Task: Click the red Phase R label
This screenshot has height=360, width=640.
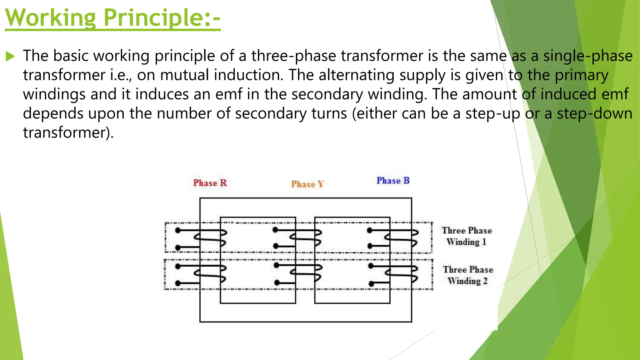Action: point(210,183)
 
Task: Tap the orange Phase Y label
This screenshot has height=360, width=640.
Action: point(307,184)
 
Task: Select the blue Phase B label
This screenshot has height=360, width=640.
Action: point(393,181)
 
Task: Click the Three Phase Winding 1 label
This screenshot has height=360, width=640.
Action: point(467,236)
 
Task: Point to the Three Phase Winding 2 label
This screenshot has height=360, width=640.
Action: point(468,275)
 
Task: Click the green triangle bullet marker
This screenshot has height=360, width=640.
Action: point(10,57)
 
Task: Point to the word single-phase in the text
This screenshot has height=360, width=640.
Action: point(588,56)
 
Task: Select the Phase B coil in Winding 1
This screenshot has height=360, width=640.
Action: point(402,239)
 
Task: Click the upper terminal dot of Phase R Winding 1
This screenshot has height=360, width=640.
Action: point(178,231)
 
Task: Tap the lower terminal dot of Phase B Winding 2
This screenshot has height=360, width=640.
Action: point(371,284)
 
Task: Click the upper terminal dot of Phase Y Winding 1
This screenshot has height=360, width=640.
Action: point(275,230)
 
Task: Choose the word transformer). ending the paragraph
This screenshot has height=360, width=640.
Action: point(68,133)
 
